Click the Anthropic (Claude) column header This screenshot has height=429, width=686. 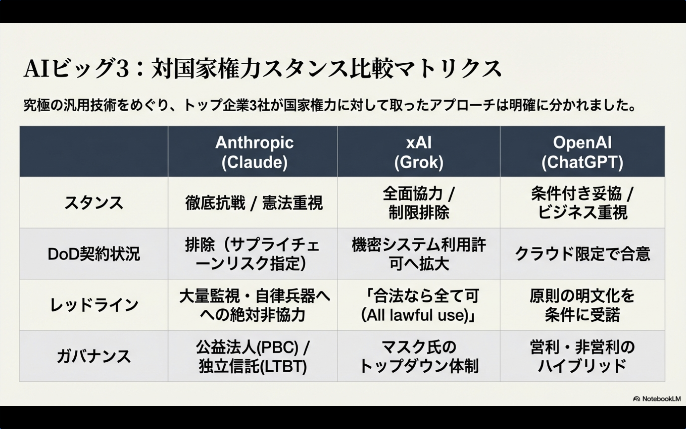(254, 152)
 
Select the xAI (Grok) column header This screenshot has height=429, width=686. (419, 152)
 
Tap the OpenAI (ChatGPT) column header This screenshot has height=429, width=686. (582, 152)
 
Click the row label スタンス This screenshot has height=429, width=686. (94, 203)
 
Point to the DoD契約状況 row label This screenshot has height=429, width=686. (94, 254)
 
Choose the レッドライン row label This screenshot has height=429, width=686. (94, 305)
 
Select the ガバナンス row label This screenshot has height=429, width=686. (94, 356)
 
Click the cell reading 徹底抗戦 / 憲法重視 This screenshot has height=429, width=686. (254, 203)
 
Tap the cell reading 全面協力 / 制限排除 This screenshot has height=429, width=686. (419, 203)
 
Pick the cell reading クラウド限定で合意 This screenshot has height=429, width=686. (582, 254)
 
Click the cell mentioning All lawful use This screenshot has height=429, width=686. (419, 305)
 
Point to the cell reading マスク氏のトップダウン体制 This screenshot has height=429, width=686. (419, 356)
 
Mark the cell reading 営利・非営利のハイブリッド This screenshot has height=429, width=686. (582, 356)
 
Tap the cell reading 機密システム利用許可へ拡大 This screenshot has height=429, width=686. (419, 254)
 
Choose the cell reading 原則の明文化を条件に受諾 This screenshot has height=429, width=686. (582, 305)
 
